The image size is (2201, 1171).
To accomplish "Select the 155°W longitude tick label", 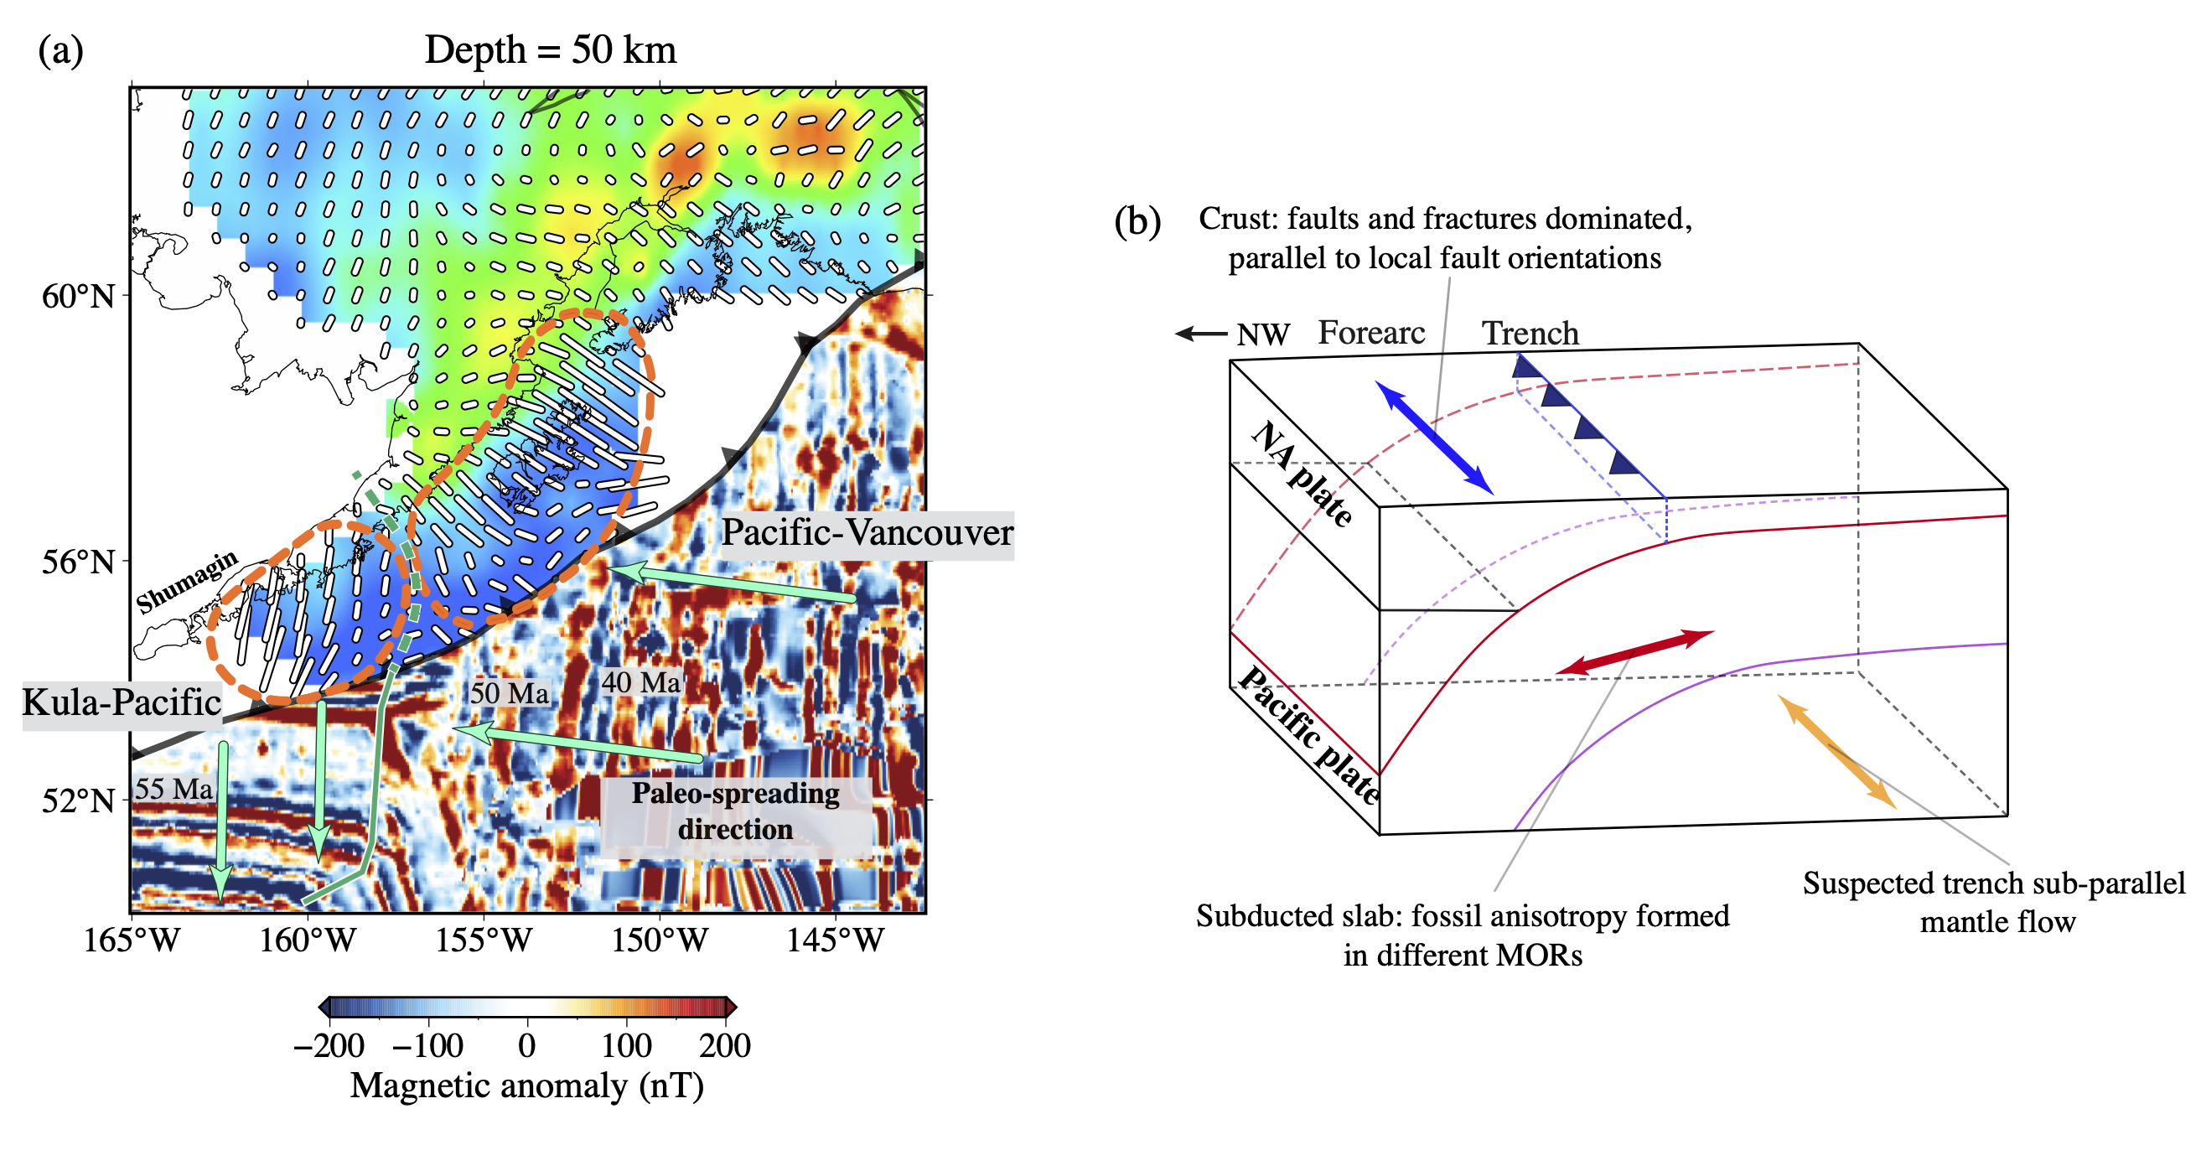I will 484,940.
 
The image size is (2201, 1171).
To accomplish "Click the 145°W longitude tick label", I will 835,940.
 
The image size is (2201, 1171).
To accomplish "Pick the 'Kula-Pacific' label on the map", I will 122,702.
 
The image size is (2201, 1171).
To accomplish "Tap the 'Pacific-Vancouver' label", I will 867,532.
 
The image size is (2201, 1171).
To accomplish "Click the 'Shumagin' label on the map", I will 187,581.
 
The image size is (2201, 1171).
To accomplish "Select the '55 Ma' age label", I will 173,788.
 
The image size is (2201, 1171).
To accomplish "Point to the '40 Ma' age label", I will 641,682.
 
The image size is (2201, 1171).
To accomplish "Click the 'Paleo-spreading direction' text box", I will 736,811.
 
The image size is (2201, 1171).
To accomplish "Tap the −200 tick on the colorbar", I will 329,1045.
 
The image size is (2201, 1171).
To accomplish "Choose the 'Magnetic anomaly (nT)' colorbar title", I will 527,1086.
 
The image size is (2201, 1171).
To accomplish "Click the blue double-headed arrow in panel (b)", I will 1434,437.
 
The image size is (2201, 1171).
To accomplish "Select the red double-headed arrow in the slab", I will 1634,652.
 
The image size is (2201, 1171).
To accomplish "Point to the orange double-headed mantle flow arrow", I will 1836,750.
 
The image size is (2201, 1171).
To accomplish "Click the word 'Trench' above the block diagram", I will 1530,334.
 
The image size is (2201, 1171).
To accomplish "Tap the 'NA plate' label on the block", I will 1302,473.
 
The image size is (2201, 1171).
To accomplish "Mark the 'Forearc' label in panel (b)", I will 1371,333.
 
